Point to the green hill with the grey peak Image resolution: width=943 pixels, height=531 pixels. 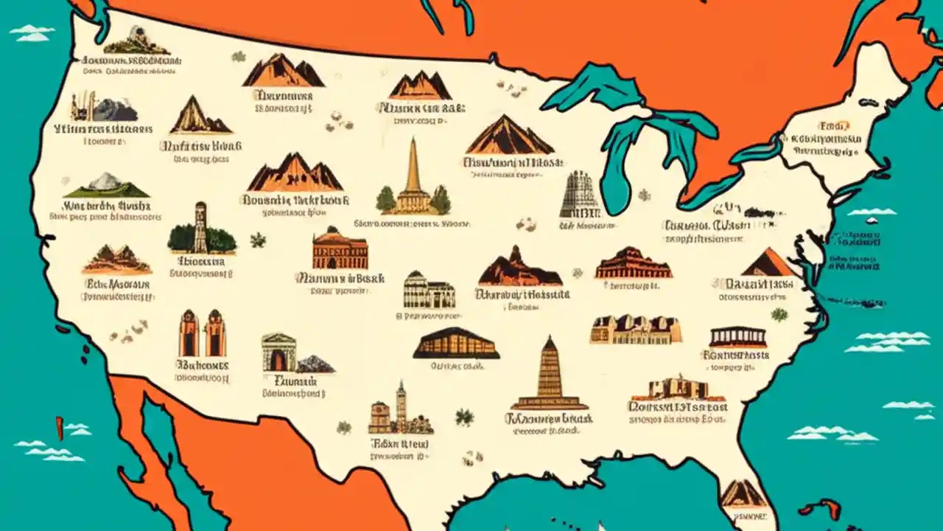tap(107, 185)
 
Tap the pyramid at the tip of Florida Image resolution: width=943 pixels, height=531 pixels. tap(743, 493)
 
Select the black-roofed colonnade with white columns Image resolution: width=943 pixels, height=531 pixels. tap(737, 337)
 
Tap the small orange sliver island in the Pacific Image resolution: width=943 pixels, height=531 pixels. tap(60, 428)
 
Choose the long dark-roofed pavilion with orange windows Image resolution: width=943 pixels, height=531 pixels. tap(456, 344)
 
